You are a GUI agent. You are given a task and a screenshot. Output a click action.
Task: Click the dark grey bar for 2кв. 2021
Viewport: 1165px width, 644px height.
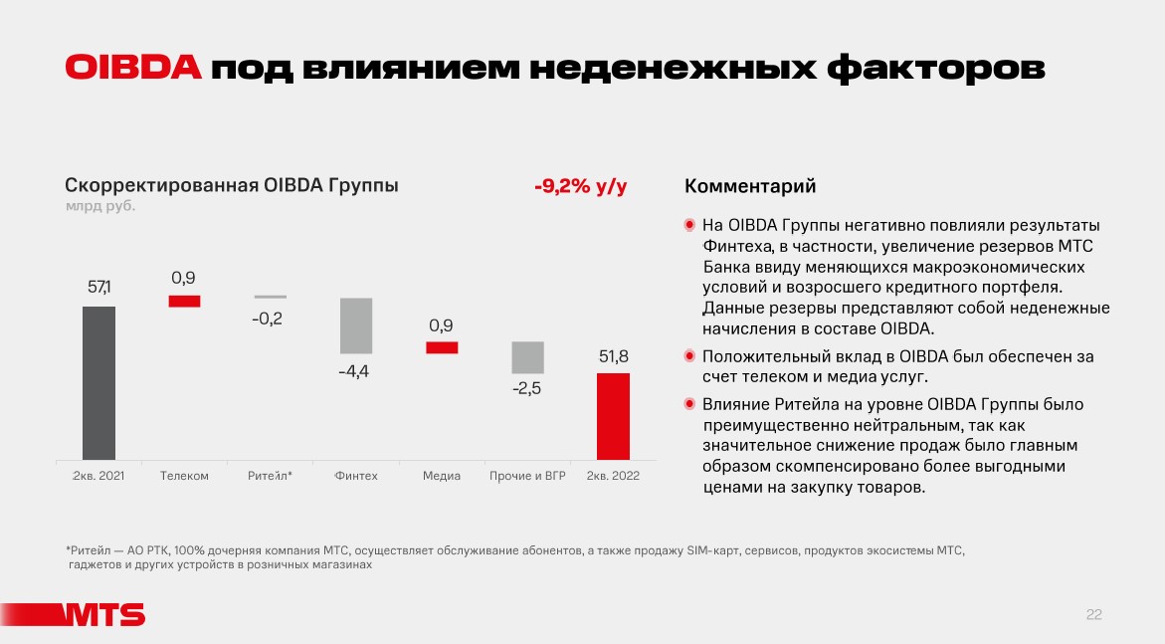click(98, 382)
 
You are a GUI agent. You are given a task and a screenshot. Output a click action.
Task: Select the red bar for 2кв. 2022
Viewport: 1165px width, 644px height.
click(613, 416)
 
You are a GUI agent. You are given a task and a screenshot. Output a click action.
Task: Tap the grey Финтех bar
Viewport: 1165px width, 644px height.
click(355, 325)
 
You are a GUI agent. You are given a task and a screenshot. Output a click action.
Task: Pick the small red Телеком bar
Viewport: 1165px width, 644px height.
click(184, 301)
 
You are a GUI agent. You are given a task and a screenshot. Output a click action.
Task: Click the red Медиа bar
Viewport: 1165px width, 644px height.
click(442, 347)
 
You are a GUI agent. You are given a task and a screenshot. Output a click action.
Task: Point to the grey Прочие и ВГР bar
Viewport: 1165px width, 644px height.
click(527, 357)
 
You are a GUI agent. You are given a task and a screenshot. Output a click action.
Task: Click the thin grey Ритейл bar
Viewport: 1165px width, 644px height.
click(270, 297)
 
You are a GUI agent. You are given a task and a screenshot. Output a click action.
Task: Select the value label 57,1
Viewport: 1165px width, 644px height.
click(99, 288)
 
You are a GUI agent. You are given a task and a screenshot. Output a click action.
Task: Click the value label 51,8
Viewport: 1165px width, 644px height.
click(613, 355)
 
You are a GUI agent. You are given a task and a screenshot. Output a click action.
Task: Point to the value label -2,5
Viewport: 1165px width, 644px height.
click(526, 388)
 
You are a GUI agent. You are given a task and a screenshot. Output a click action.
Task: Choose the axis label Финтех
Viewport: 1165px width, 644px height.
click(355, 476)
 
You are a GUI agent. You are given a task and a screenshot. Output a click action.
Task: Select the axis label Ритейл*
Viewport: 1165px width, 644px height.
click(270, 476)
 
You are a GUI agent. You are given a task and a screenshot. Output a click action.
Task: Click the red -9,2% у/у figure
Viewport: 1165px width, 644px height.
click(580, 186)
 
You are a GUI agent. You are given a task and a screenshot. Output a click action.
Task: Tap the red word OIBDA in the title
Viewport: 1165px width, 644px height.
click(133, 68)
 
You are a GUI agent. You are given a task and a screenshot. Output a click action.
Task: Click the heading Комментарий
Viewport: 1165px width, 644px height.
click(750, 186)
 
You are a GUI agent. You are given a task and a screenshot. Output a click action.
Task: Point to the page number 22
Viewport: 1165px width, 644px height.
click(1093, 615)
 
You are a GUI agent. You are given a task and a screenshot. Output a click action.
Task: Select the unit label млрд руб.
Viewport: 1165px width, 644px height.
click(99, 207)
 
